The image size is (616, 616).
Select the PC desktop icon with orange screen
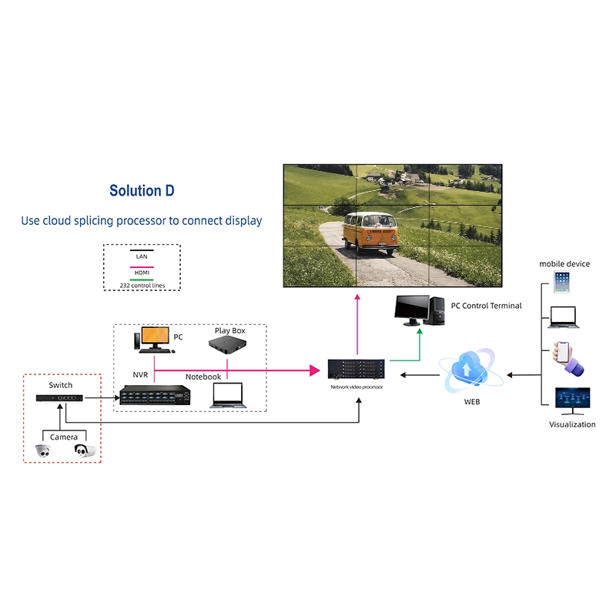pyautogui.click(x=153, y=339)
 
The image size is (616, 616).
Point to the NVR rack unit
pyautogui.click(x=154, y=395)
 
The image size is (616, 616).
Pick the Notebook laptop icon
pyautogui.click(x=228, y=394)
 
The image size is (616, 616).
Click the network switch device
pyautogui.click(x=59, y=398)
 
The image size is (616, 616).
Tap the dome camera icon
pyautogui.click(x=43, y=451)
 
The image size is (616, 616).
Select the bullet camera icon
pyautogui.click(x=85, y=451)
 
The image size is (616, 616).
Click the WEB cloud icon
pyautogui.click(x=471, y=370)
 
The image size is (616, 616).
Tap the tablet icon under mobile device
pyautogui.click(x=562, y=283)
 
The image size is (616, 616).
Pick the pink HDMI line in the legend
pyautogui.click(x=142, y=266)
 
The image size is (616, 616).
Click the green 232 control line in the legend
pyautogui.click(x=142, y=280)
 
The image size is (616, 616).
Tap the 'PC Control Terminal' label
pyautogui.click(x=486, y=306)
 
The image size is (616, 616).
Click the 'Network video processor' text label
pyautogui.click(x=357, y=387)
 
